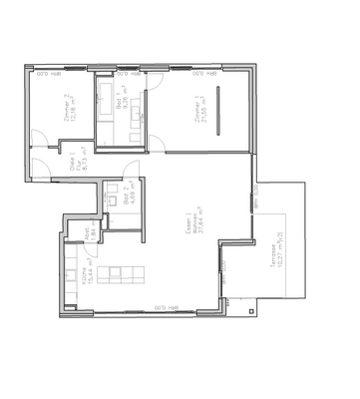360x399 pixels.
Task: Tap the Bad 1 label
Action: point(120,104)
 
